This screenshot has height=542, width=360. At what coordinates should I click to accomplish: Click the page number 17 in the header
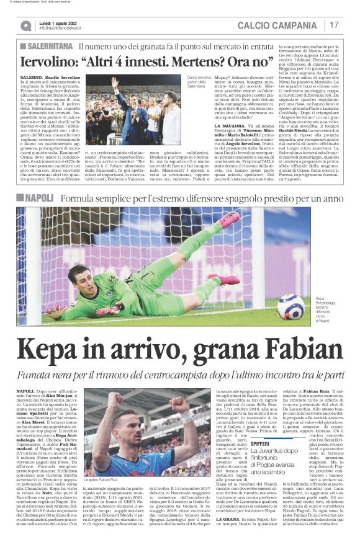point(335,25)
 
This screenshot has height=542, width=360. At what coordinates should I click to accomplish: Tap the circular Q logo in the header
point(25,25)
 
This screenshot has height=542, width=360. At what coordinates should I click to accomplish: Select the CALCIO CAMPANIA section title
point(286,25)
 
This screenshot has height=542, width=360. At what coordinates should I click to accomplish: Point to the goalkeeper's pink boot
point(230,219)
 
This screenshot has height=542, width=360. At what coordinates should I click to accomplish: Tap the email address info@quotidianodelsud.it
point(66,29)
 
